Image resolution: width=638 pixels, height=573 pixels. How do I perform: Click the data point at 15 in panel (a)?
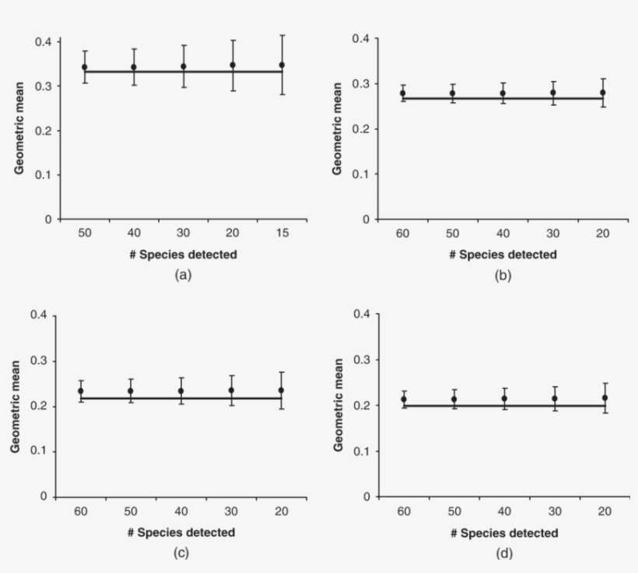[x=282, y=65]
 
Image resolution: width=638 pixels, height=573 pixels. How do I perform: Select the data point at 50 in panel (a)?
[x=84, y=67]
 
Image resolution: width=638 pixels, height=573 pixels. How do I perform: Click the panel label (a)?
[x=183, y=274]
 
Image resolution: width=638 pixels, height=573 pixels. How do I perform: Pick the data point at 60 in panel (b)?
[x=403, y=93]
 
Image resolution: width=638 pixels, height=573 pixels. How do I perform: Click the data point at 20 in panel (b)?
[x=602, y=93]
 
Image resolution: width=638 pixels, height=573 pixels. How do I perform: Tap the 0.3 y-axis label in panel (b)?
[x=361, y=83]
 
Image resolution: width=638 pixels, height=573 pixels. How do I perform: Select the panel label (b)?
[x=503, y=275]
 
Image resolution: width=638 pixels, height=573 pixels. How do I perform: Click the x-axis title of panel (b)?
[x=503, y=255]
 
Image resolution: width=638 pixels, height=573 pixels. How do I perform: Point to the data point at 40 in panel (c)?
[x=181, y=391]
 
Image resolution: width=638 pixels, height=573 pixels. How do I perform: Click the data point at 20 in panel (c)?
[x=280, y=390]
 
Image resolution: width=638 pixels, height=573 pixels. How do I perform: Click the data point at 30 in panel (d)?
[x=554, y=399]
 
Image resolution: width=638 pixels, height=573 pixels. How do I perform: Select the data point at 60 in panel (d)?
[x=404, y=399]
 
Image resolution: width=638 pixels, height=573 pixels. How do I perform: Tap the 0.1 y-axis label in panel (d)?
[x=362, y=451]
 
